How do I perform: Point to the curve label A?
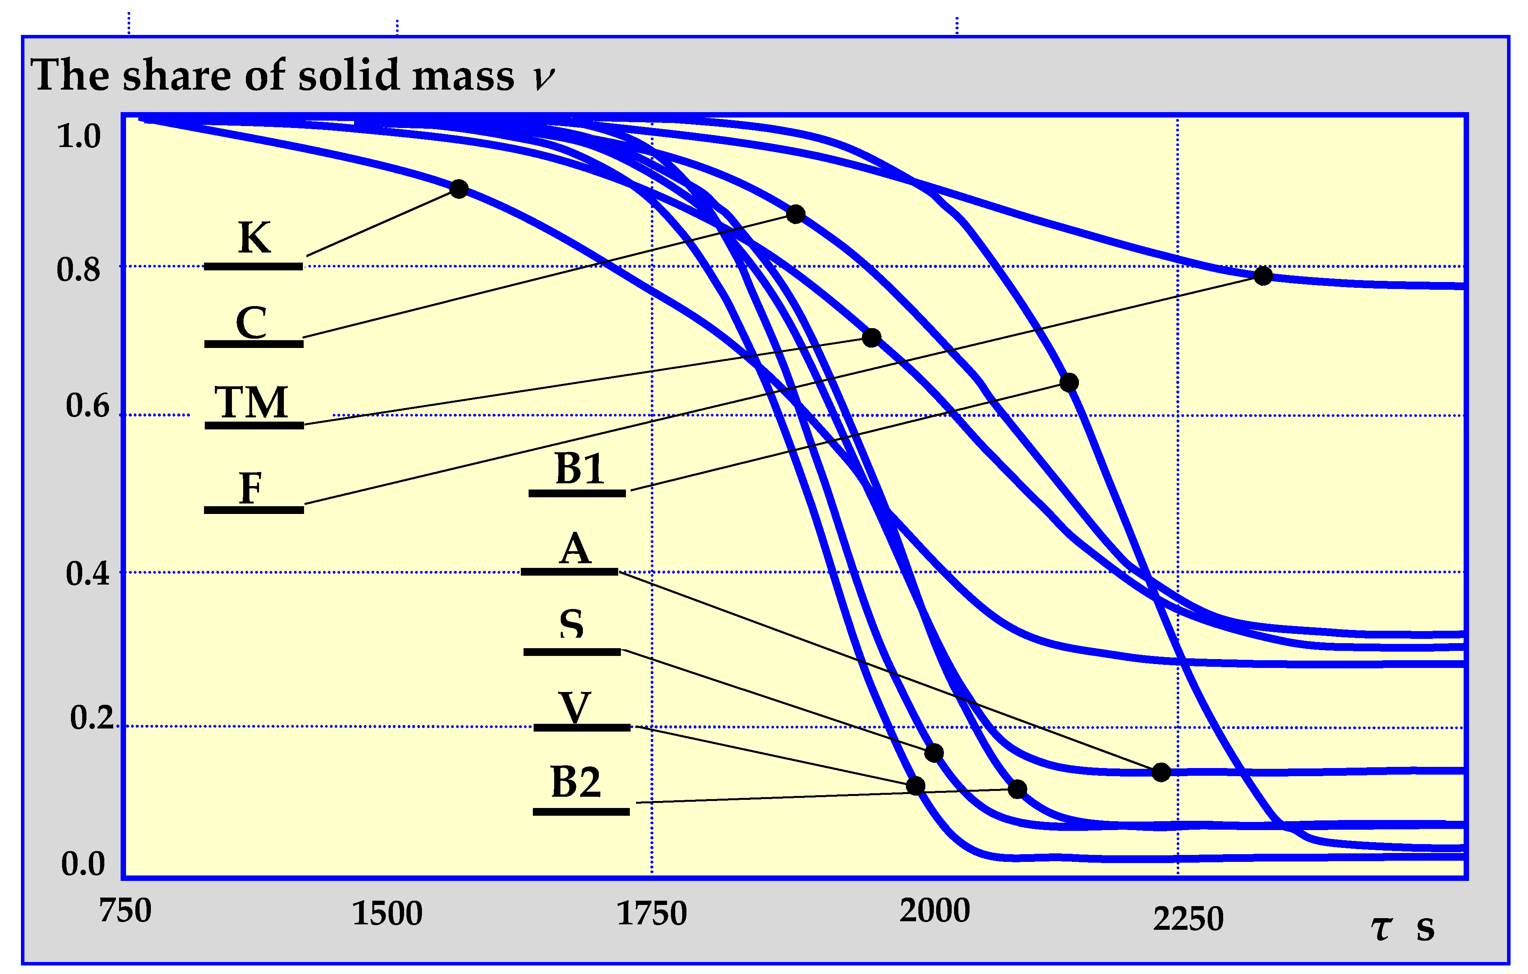pyautogui.click(x=575, y=549)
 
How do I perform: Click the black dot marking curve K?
pyautogui.click(x=459, y=189)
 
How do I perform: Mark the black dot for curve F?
pyautogui.click(x=1263, y=275)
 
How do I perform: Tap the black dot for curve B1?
pyautogui.click(x=1068, y=382)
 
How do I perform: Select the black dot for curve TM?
pyautogui.click(x=871, y=337)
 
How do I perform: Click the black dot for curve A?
pyautogui.click(x=1161, y=772)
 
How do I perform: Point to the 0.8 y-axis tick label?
pyautogui.click(x=79, y=270)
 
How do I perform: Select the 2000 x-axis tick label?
pyautogui.click(x=934, y=910)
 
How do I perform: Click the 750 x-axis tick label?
pyautogui.click(x=125, y=910)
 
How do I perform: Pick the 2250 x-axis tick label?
pyautogui.click(x=1188, y=919)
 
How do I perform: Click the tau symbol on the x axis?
pyautogui.click(x=1381, y=928)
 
